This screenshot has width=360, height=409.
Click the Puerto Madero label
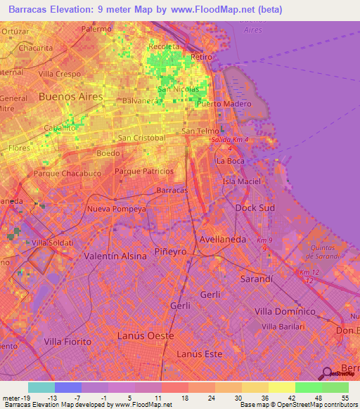point(224,105)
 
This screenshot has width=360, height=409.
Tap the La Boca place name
point(230,161)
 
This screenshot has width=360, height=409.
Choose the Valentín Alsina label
point(115,257)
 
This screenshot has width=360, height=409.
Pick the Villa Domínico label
point(284,311)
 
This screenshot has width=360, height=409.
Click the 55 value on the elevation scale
point(345,398)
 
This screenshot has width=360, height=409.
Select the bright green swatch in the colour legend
point(308,387)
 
